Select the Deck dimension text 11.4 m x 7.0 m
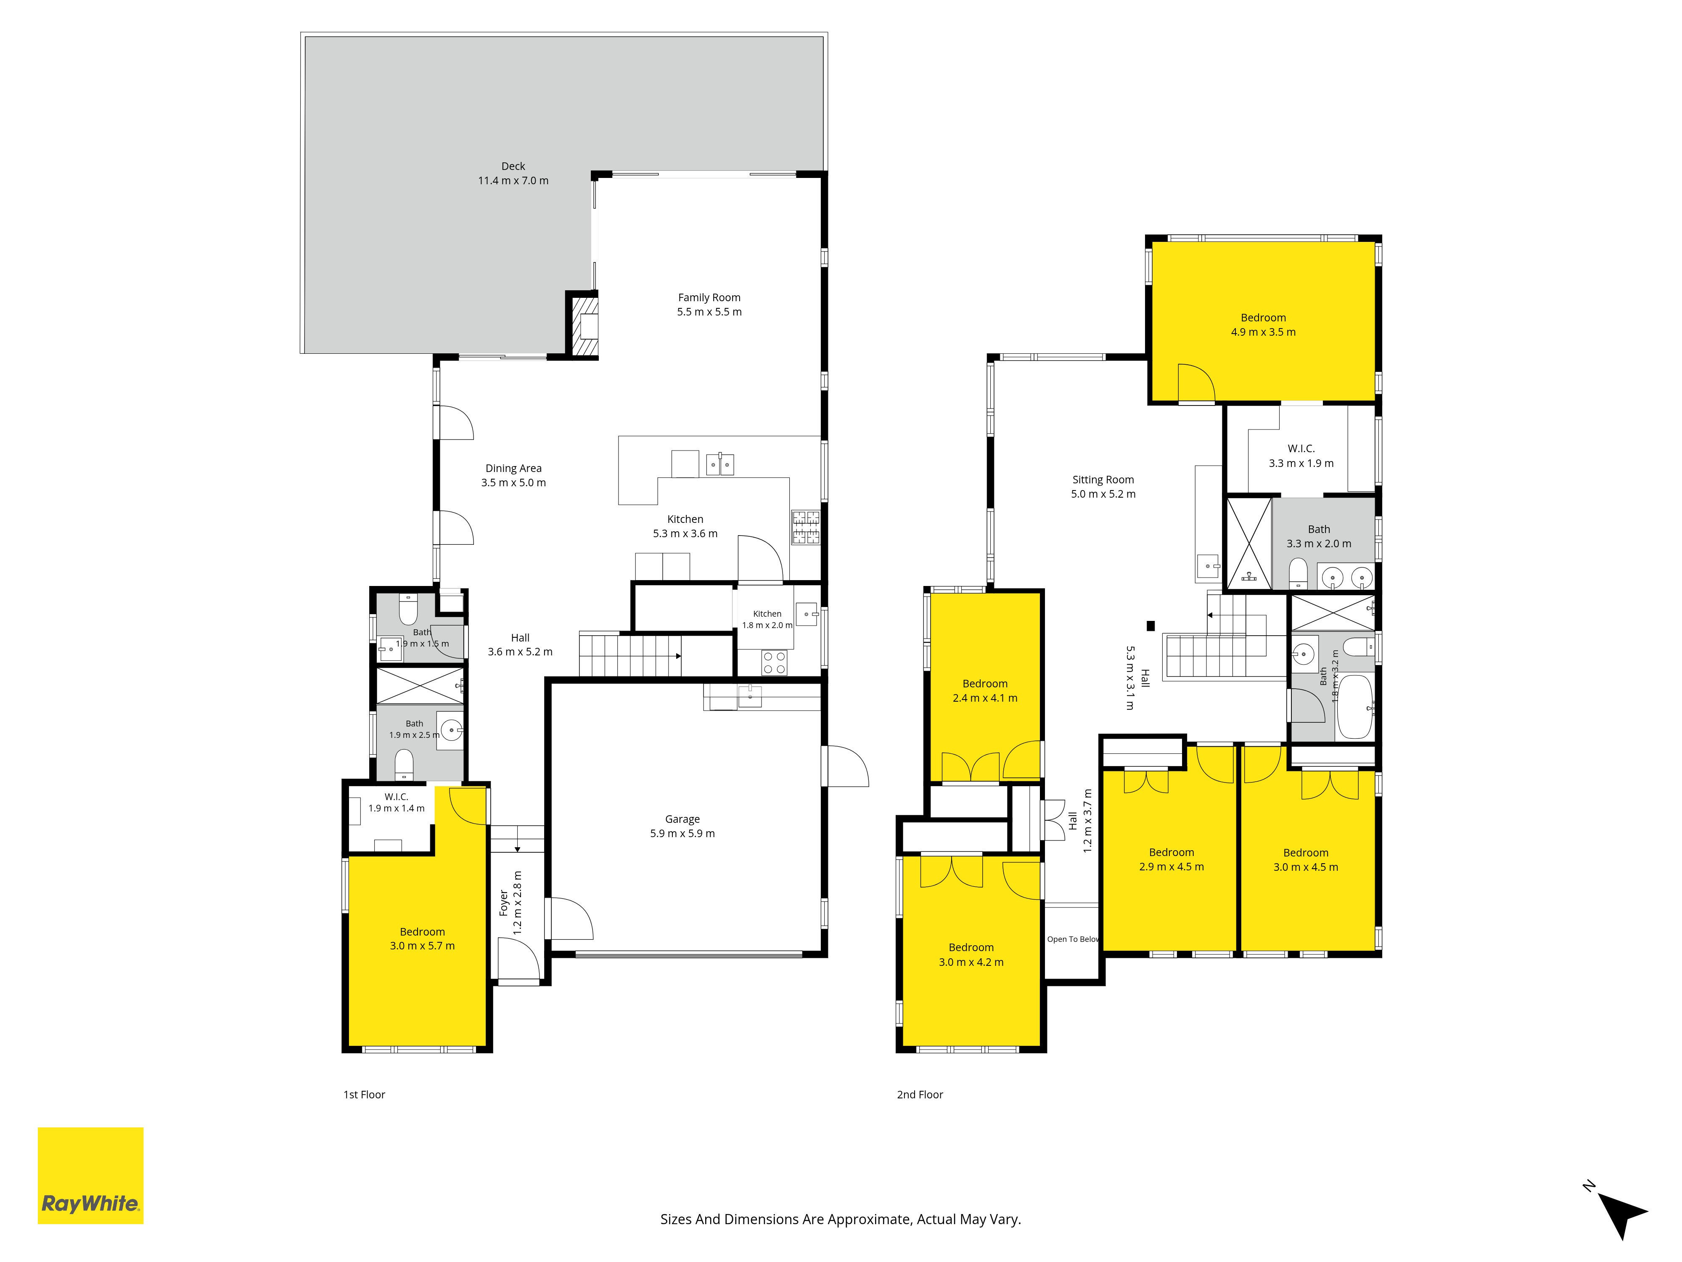pyautogui.click(x=513, y=181)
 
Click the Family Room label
pyautogui.click(x=709, y=297)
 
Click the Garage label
pyautogui.click(x=682, y=819)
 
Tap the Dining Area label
pyautogui.click(x=514, y=469)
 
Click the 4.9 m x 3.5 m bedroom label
pyautogui.click(x=1264, y=325)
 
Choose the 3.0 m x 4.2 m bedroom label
pyautogui.click(x=971, y=954)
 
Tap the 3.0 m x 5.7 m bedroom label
pyautogui.click(x=423, y=939)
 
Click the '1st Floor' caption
pyautogui.click(x=364, y=1095)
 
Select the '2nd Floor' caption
pyautogui.click(x=920, y=1095)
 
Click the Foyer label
pyautogui.click(x=503, y=904)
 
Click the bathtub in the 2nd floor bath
pyautogui.click(x=1355, y=707)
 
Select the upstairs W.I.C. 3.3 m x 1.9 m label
pyautogui.click(x=1301, y=456)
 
